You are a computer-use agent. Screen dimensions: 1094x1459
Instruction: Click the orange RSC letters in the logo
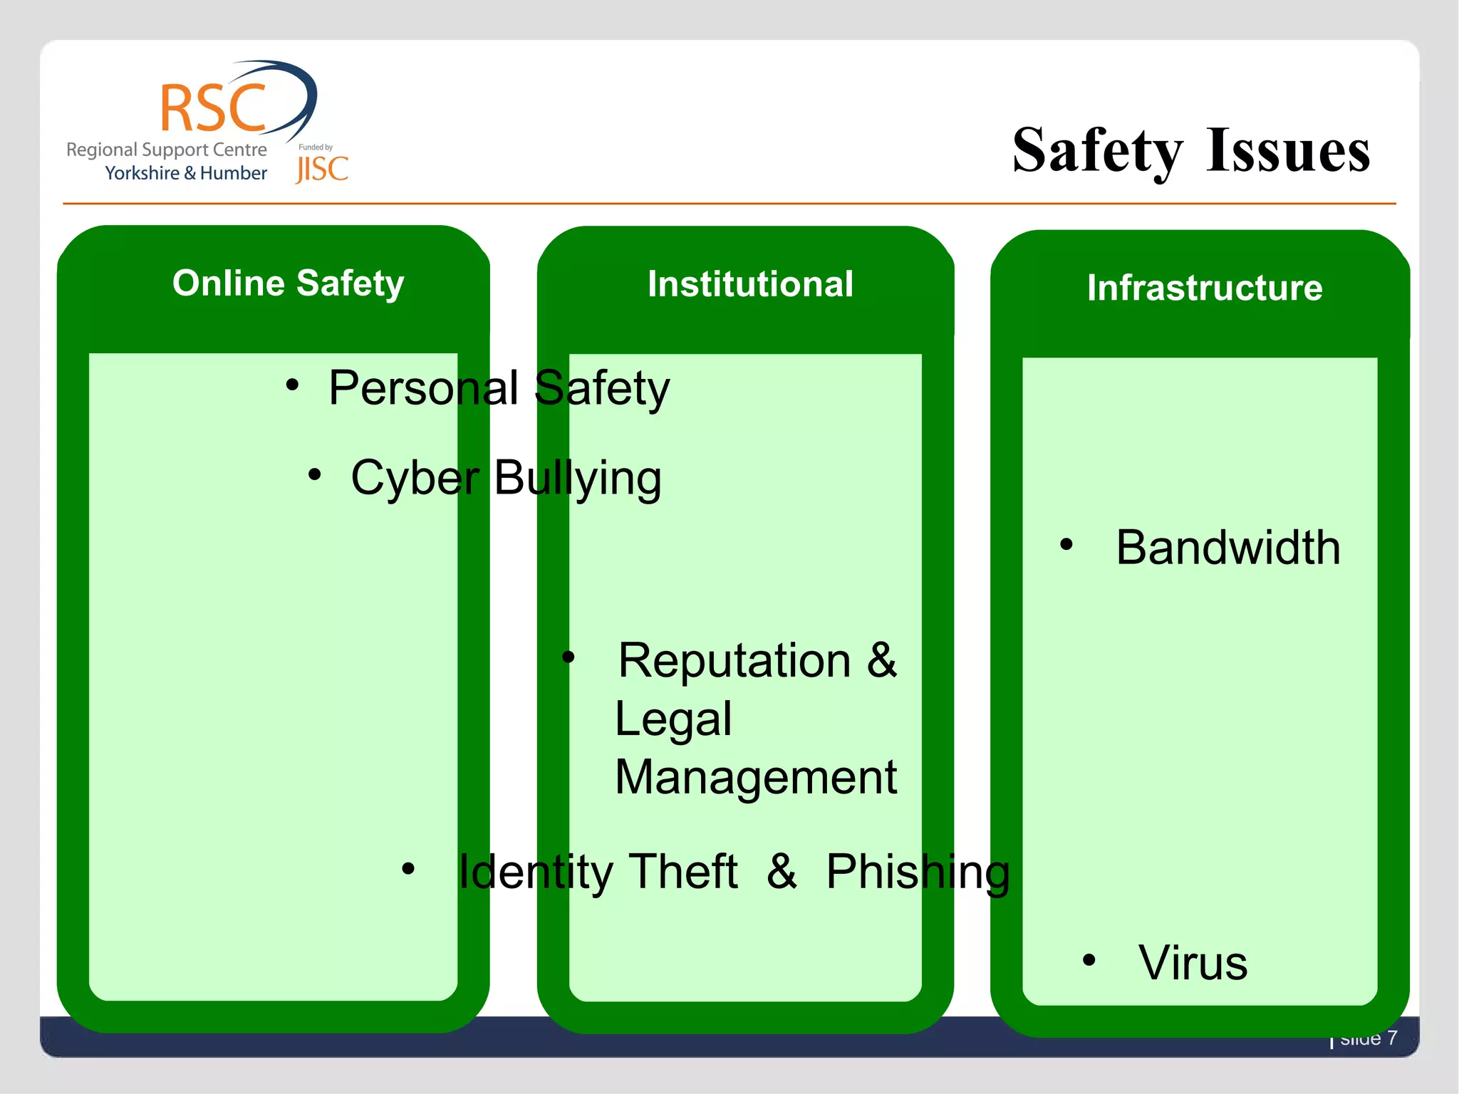click(213, 109)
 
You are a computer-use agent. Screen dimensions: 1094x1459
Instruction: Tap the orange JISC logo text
click(322, 170)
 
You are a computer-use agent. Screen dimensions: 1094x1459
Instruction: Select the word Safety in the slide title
click(1097, 151)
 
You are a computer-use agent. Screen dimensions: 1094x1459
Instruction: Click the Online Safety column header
click(288, 283)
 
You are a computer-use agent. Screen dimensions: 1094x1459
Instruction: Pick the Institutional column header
click(750, 284)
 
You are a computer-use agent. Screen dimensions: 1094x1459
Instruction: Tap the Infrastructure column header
click(1204, 288)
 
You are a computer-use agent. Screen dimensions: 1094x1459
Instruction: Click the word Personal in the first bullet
click(423, 389)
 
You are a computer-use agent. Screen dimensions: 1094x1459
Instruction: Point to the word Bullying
click(577, 478)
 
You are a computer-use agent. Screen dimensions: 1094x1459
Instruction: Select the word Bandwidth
click(1227, 548)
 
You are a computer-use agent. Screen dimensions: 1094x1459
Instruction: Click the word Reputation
click(734, 660)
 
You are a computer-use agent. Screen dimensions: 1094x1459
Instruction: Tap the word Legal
click(673, 719)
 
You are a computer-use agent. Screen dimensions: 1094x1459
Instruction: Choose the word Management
click(755, 777)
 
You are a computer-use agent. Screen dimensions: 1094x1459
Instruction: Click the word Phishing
click(918, 872)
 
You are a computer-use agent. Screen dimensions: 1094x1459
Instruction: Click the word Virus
click(1193, 963)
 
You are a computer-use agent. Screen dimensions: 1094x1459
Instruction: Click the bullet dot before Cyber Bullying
click(314, 474)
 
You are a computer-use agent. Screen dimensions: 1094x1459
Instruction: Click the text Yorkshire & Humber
click(185, 173)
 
